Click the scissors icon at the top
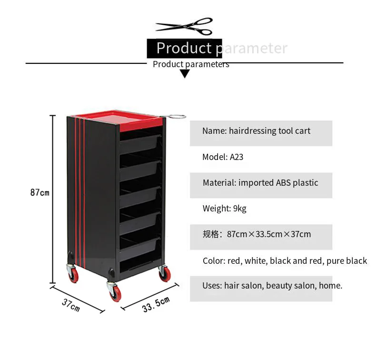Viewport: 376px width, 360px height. [x=184, y=27]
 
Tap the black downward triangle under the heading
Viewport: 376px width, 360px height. [x=185, y=74]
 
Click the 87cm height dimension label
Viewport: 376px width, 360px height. [x=40, y=192]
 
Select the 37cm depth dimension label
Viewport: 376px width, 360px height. [x=70, y=305]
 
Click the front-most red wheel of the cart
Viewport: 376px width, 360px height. [x=114, y=292]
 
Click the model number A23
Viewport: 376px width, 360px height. [x=237, y=157]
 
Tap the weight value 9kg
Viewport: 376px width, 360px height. [x=239, y=208]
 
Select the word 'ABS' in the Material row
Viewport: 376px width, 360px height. [x=285, y=182]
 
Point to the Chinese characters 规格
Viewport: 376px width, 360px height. [x=210, y=234]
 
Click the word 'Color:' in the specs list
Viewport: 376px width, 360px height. [x=214, y=260]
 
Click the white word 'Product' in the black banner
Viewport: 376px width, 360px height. [x=184, y=48]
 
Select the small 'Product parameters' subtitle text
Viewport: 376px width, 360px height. [x=191, y=64]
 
